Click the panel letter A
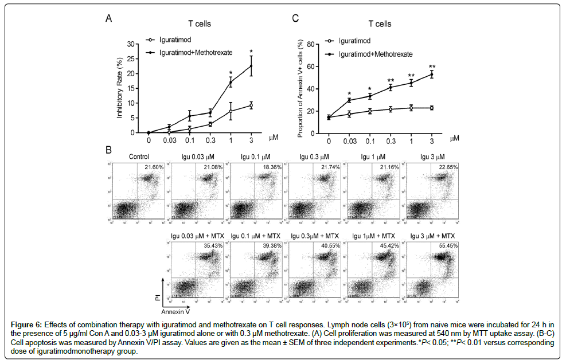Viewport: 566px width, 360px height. click(x=108, y=18)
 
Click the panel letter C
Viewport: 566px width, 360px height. click(x=295, y=18)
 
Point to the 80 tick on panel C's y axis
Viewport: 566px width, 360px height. click(x=313, y=44)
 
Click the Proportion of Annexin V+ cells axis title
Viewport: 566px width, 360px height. click(x=301, y=88)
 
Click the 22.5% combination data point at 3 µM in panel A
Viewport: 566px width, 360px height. click(x=251, y=66)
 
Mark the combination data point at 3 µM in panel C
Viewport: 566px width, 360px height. click(x=432, y=74)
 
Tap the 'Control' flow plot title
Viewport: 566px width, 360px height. click(x=139, y=156)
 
